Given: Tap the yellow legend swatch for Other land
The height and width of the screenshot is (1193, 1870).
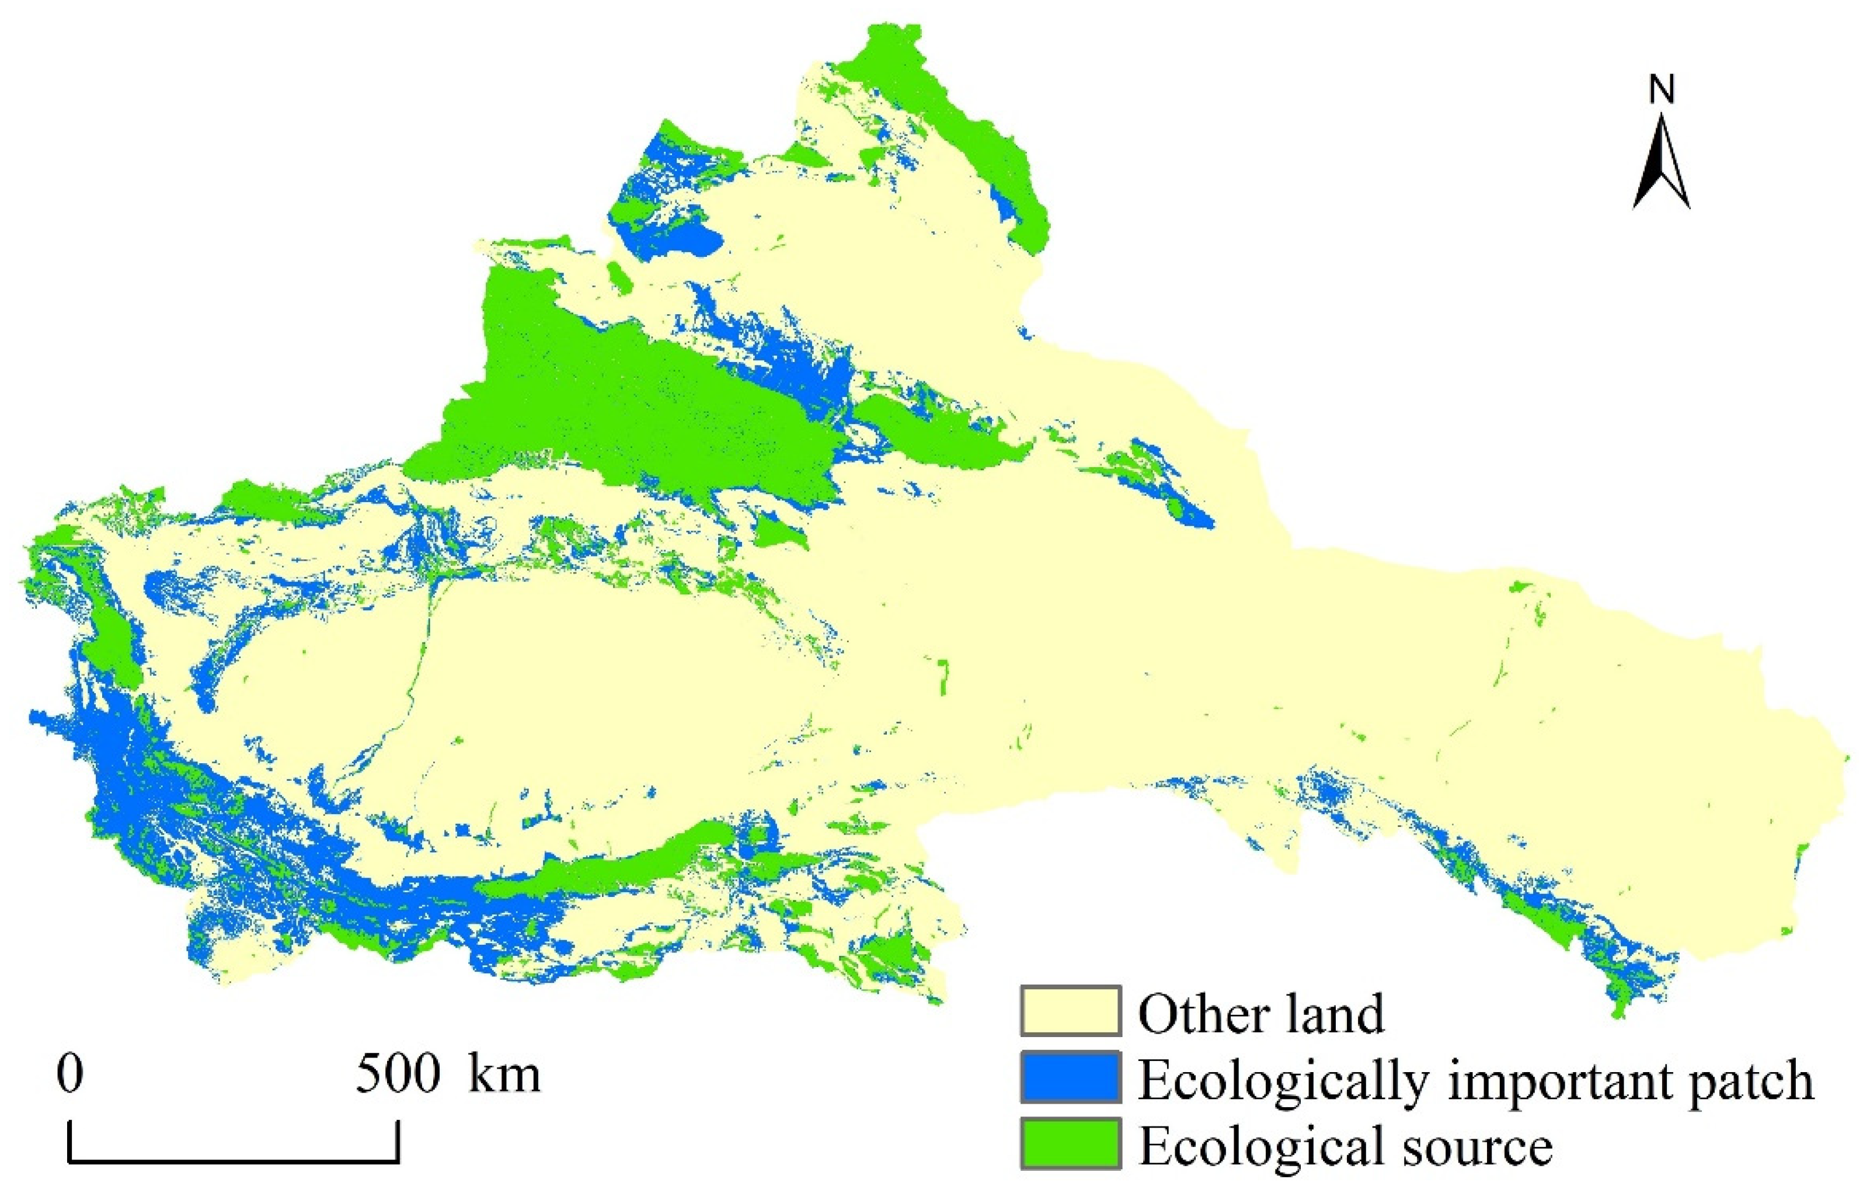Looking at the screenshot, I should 1071,1010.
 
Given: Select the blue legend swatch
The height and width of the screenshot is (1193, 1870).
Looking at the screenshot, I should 1071,1076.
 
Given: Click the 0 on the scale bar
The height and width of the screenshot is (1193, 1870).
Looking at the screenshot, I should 70,1075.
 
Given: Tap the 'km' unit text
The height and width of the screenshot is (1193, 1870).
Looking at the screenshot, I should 504,1075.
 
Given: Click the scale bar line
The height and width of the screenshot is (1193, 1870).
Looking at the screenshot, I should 233,1163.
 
